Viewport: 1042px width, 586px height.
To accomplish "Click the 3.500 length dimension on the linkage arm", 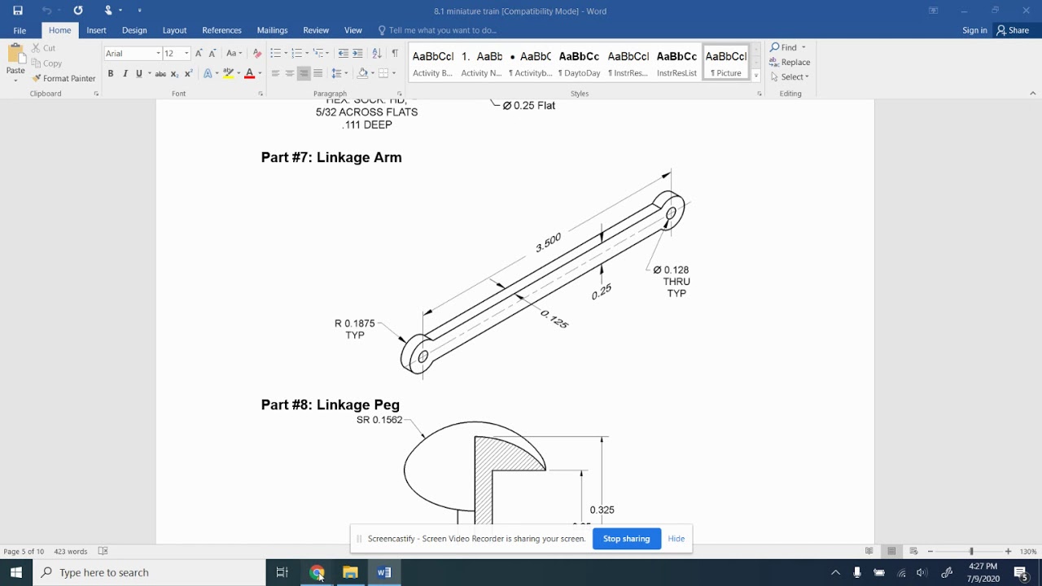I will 549,243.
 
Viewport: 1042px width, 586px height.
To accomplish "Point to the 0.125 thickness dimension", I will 554,319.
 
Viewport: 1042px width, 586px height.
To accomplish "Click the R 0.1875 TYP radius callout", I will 354,329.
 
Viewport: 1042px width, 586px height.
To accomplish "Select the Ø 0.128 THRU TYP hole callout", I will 672,281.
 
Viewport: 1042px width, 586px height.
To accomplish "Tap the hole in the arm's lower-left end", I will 422,356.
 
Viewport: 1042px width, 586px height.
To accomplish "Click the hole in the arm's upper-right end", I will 672,214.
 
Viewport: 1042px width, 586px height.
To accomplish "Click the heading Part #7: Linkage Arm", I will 331,157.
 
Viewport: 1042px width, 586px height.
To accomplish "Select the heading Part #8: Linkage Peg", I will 330,405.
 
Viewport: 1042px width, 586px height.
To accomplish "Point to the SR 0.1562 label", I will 379,420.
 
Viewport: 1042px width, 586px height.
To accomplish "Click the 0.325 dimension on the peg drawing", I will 602,510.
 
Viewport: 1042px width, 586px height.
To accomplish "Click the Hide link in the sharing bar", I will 676,539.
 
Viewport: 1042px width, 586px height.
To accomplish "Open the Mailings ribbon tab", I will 272,30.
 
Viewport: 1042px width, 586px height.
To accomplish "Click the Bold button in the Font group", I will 111,74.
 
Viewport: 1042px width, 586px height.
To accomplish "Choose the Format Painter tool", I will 63,78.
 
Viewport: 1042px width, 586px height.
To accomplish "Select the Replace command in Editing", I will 790,62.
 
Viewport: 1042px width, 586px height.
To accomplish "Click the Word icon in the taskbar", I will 384,572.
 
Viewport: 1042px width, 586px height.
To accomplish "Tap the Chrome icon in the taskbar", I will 317,572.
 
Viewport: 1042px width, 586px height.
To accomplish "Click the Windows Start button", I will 16,572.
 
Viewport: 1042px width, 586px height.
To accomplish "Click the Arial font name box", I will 130,54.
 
